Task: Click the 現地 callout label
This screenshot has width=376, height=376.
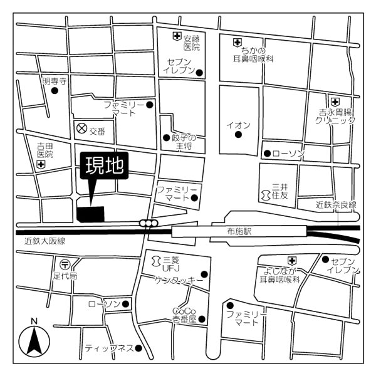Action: pos(104,165)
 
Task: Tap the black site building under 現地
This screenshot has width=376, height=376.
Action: pos(91,214)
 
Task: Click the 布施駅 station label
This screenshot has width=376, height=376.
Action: pos(239,231)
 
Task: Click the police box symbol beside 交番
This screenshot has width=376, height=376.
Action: pos(81,128)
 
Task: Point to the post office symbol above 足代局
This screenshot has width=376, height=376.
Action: pos(65,264)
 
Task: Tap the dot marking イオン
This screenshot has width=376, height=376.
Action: pos(238,135)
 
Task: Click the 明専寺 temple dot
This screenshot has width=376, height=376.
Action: pos(55,91)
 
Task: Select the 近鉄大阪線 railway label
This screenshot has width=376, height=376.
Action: pos(44,241)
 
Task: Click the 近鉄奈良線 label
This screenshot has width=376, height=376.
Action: pos(336,205)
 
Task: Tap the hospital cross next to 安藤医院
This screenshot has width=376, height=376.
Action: pos(177,37)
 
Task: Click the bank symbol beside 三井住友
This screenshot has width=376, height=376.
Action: pos(266,195)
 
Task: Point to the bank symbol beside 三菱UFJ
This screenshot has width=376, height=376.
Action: pos(156,261)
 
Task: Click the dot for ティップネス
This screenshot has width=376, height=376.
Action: pos(138,348)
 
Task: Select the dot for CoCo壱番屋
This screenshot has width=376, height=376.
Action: pos(202,319)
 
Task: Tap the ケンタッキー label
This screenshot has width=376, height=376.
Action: pos(179,280)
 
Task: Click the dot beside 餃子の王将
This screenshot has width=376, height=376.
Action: pos(167,138)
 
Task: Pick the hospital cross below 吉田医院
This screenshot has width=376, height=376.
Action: pos(41,165)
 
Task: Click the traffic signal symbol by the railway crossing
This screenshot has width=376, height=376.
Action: pos(149,223)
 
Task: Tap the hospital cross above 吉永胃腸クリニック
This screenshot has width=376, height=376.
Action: pos(335,102)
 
